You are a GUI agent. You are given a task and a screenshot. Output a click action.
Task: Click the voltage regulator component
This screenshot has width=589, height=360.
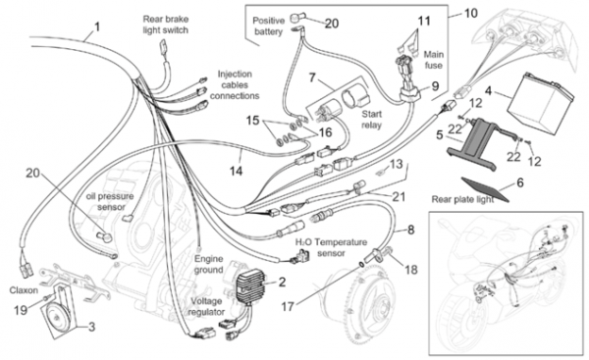click(250, 286)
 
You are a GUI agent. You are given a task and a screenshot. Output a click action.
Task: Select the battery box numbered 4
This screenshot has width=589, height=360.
click(541, 100)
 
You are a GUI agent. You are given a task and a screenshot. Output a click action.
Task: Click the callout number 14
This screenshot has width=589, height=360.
click(237, 171)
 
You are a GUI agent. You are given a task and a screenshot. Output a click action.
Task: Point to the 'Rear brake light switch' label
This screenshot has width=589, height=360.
click(166, 25)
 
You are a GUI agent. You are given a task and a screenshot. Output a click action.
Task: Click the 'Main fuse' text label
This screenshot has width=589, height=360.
click(434, 60)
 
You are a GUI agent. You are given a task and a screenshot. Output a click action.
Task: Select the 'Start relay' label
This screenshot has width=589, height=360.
click(371, 120)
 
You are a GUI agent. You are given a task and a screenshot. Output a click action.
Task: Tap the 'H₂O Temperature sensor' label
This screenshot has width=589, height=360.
click(331, 248)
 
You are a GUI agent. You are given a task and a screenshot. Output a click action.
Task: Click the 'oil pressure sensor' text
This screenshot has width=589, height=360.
click(110, 202)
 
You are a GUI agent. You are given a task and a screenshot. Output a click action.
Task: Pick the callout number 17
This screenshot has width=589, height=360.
click(288, 307)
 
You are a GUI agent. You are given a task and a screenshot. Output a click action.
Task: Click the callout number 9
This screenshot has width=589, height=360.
click(435, 86)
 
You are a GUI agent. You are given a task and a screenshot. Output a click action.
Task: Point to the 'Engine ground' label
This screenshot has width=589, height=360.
click(209, 264)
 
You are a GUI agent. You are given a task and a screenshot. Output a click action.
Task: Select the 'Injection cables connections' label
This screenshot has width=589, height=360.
click(235, 84)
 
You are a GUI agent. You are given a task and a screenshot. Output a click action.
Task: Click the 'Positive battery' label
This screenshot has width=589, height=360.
click(268, 26)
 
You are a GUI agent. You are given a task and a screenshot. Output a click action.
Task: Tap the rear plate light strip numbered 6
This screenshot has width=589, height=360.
click(485, 189)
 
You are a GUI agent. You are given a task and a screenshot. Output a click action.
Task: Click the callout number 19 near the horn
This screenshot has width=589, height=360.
click(21, 310)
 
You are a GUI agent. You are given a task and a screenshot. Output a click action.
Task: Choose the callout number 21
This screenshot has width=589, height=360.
click(399, 196)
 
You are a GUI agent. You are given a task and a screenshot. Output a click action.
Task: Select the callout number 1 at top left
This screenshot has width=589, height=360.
click(97, 27)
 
